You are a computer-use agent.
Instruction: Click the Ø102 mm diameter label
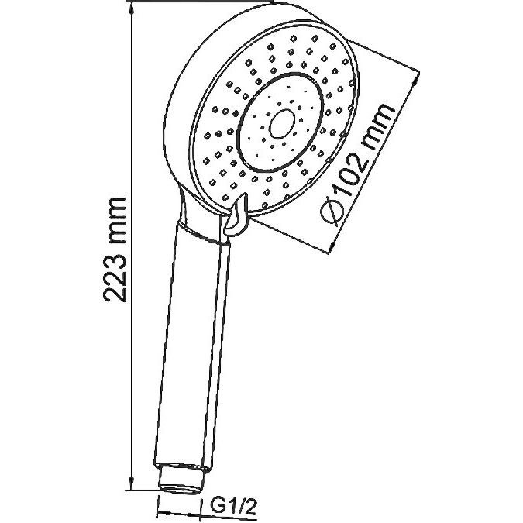coord(356,164)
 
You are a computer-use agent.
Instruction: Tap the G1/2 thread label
coord(233,508)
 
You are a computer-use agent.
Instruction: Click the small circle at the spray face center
coord(282,124)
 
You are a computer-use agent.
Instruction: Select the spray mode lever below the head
coord(237,215)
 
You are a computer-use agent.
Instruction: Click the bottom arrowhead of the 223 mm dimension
coord(132,483)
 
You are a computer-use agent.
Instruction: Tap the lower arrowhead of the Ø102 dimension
coord(332,246)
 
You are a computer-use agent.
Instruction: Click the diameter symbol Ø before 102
coord(332,212)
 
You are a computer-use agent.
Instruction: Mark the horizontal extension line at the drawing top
coord(200,2)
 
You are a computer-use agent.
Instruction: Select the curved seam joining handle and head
coord(204,236)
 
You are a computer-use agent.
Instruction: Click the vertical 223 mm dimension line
coord(132,247)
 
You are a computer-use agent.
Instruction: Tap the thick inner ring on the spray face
coord(280,122)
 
